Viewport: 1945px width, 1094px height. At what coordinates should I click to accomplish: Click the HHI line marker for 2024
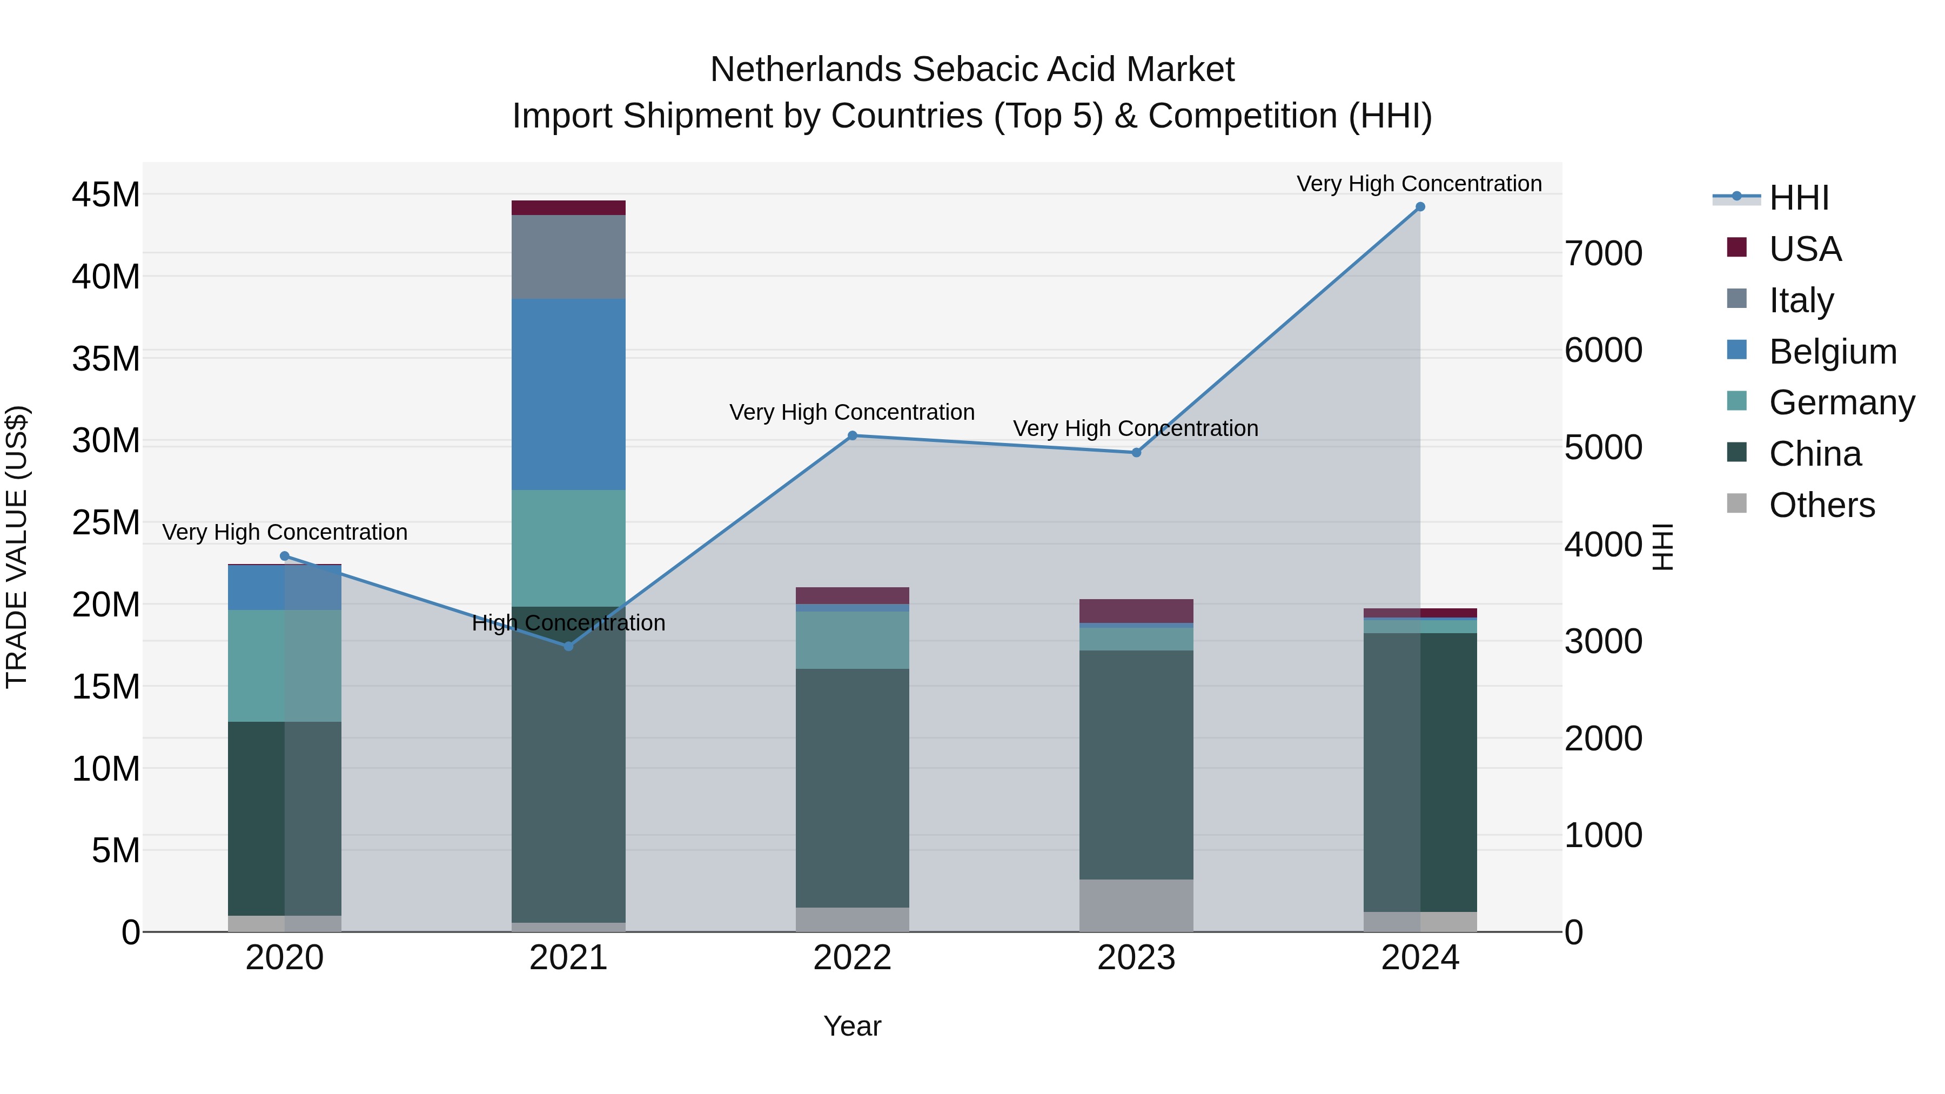tap(1419, 207)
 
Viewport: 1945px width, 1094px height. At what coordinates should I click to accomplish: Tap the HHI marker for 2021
tap(568, 646)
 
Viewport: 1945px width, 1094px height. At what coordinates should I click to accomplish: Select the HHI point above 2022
tap(853, 435)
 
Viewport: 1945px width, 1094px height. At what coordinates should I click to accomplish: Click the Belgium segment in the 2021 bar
tap(568, 394)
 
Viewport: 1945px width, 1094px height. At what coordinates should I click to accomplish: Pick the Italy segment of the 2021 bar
tap(568, 257)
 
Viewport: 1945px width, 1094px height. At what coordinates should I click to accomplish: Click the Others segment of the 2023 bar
tap(1136, 905)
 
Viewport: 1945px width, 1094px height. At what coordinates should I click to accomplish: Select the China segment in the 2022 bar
tap(853, 788)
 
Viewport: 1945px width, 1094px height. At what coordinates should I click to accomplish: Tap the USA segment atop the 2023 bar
tap(1136, 611)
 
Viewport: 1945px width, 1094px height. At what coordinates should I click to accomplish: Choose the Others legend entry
tap(1821, 505)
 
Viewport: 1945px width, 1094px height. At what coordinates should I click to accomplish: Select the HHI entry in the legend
tap(1799, 198)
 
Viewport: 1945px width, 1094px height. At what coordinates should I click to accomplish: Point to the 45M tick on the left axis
tap(106, 195)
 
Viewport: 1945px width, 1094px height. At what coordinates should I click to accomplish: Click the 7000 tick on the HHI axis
tap(1603, 254)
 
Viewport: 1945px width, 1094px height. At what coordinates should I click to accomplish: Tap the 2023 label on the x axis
tap(1136, 958)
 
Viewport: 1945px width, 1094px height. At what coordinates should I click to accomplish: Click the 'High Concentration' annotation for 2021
tap(568, 623)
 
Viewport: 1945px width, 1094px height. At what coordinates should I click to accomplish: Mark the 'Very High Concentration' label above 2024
tap(1419, 184)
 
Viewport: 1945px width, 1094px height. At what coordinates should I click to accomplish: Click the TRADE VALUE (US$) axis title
tap(17, 547)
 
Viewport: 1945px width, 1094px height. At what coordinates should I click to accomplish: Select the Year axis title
tap(853, 1026)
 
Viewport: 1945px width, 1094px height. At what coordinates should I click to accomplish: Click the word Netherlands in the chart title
tap(807, 70)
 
